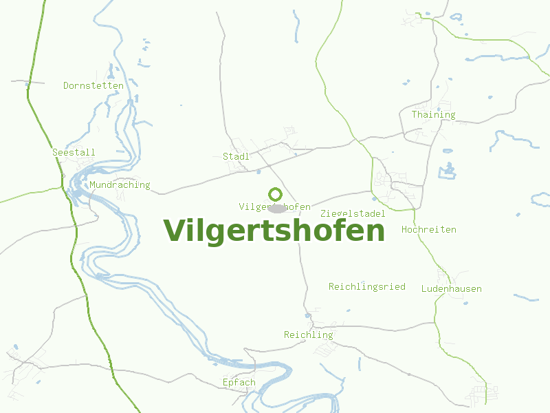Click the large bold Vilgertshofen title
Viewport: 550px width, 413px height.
274,231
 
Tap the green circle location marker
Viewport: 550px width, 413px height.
275,194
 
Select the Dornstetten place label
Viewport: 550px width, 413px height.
93,86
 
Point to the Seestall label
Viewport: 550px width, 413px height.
74,152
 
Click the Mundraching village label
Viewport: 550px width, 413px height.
120,185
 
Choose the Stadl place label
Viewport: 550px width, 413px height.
236,157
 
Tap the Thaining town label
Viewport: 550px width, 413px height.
433,115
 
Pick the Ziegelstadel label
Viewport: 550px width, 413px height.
353,213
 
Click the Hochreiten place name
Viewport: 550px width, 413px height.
429,229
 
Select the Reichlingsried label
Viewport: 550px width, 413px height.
367,286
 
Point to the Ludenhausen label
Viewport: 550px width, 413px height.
452,289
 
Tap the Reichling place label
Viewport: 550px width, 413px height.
309,335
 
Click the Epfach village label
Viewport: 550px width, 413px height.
239,383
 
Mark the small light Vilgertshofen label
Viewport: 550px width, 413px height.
275,206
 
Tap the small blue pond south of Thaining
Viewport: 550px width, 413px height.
448,170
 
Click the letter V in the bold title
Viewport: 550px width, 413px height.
175,231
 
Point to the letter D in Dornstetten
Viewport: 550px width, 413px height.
66,86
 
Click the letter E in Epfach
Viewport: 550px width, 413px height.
225,383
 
